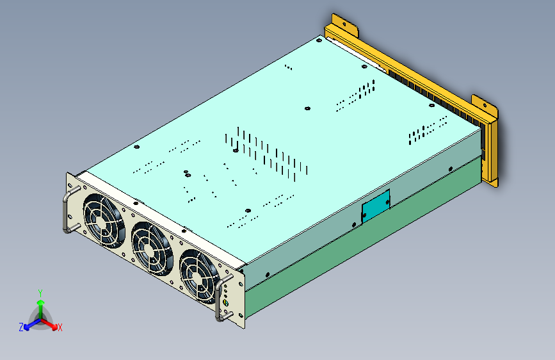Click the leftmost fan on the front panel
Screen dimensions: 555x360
point(104,220)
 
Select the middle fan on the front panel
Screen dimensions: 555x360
point(152,249)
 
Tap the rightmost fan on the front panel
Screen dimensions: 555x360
point(200,276)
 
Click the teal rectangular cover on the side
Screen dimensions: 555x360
point(376,206)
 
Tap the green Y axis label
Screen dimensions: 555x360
point(40,293)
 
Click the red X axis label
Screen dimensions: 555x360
point(60,328)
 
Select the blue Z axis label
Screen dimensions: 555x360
point(21,327)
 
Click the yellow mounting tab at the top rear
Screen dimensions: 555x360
point(345,24)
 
